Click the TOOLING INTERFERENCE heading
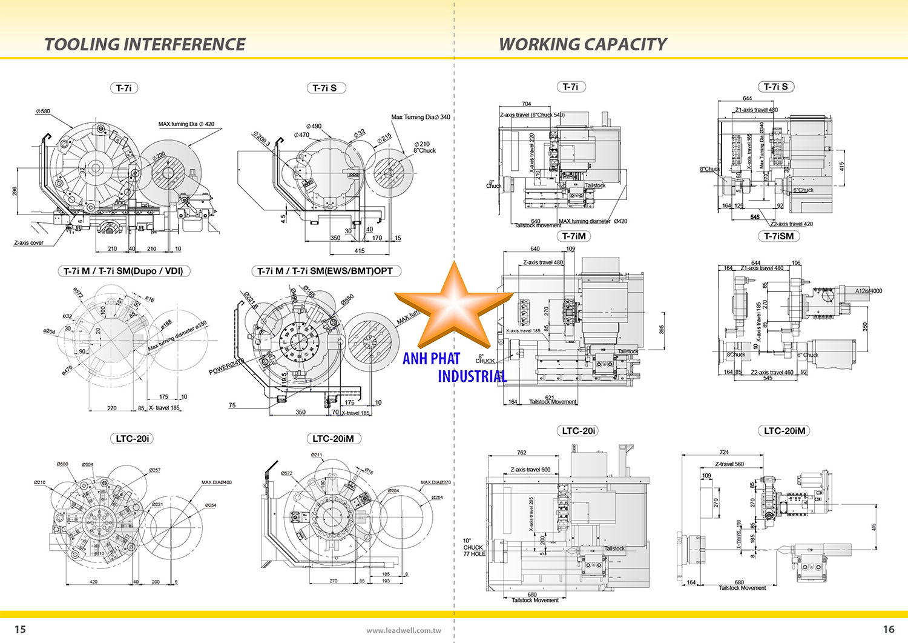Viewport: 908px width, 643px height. (145, 44)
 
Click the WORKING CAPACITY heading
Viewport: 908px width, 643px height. (582, 44)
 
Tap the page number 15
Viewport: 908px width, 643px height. (20, 629)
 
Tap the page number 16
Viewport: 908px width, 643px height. (888, 629)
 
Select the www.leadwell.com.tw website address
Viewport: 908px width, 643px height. (403, 630)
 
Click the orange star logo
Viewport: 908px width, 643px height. (453, 308)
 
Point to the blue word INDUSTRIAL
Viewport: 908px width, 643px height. (472, 376)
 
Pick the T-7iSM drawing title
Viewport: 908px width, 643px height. (778, 236)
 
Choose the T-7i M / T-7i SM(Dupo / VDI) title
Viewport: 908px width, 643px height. (123, 271)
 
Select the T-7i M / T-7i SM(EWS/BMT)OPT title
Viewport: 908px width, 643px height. (325, 271)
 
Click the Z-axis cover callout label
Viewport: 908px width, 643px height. (28, 243)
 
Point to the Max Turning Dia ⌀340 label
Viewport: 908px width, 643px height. (420, 117)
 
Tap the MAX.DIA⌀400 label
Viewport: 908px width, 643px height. (216, 482)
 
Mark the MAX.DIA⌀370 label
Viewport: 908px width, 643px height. (435, 482)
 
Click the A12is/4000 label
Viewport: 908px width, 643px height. (868, 291)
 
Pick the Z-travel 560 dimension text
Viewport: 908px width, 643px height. (729, 464)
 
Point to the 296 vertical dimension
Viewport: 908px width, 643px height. (15, 192)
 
